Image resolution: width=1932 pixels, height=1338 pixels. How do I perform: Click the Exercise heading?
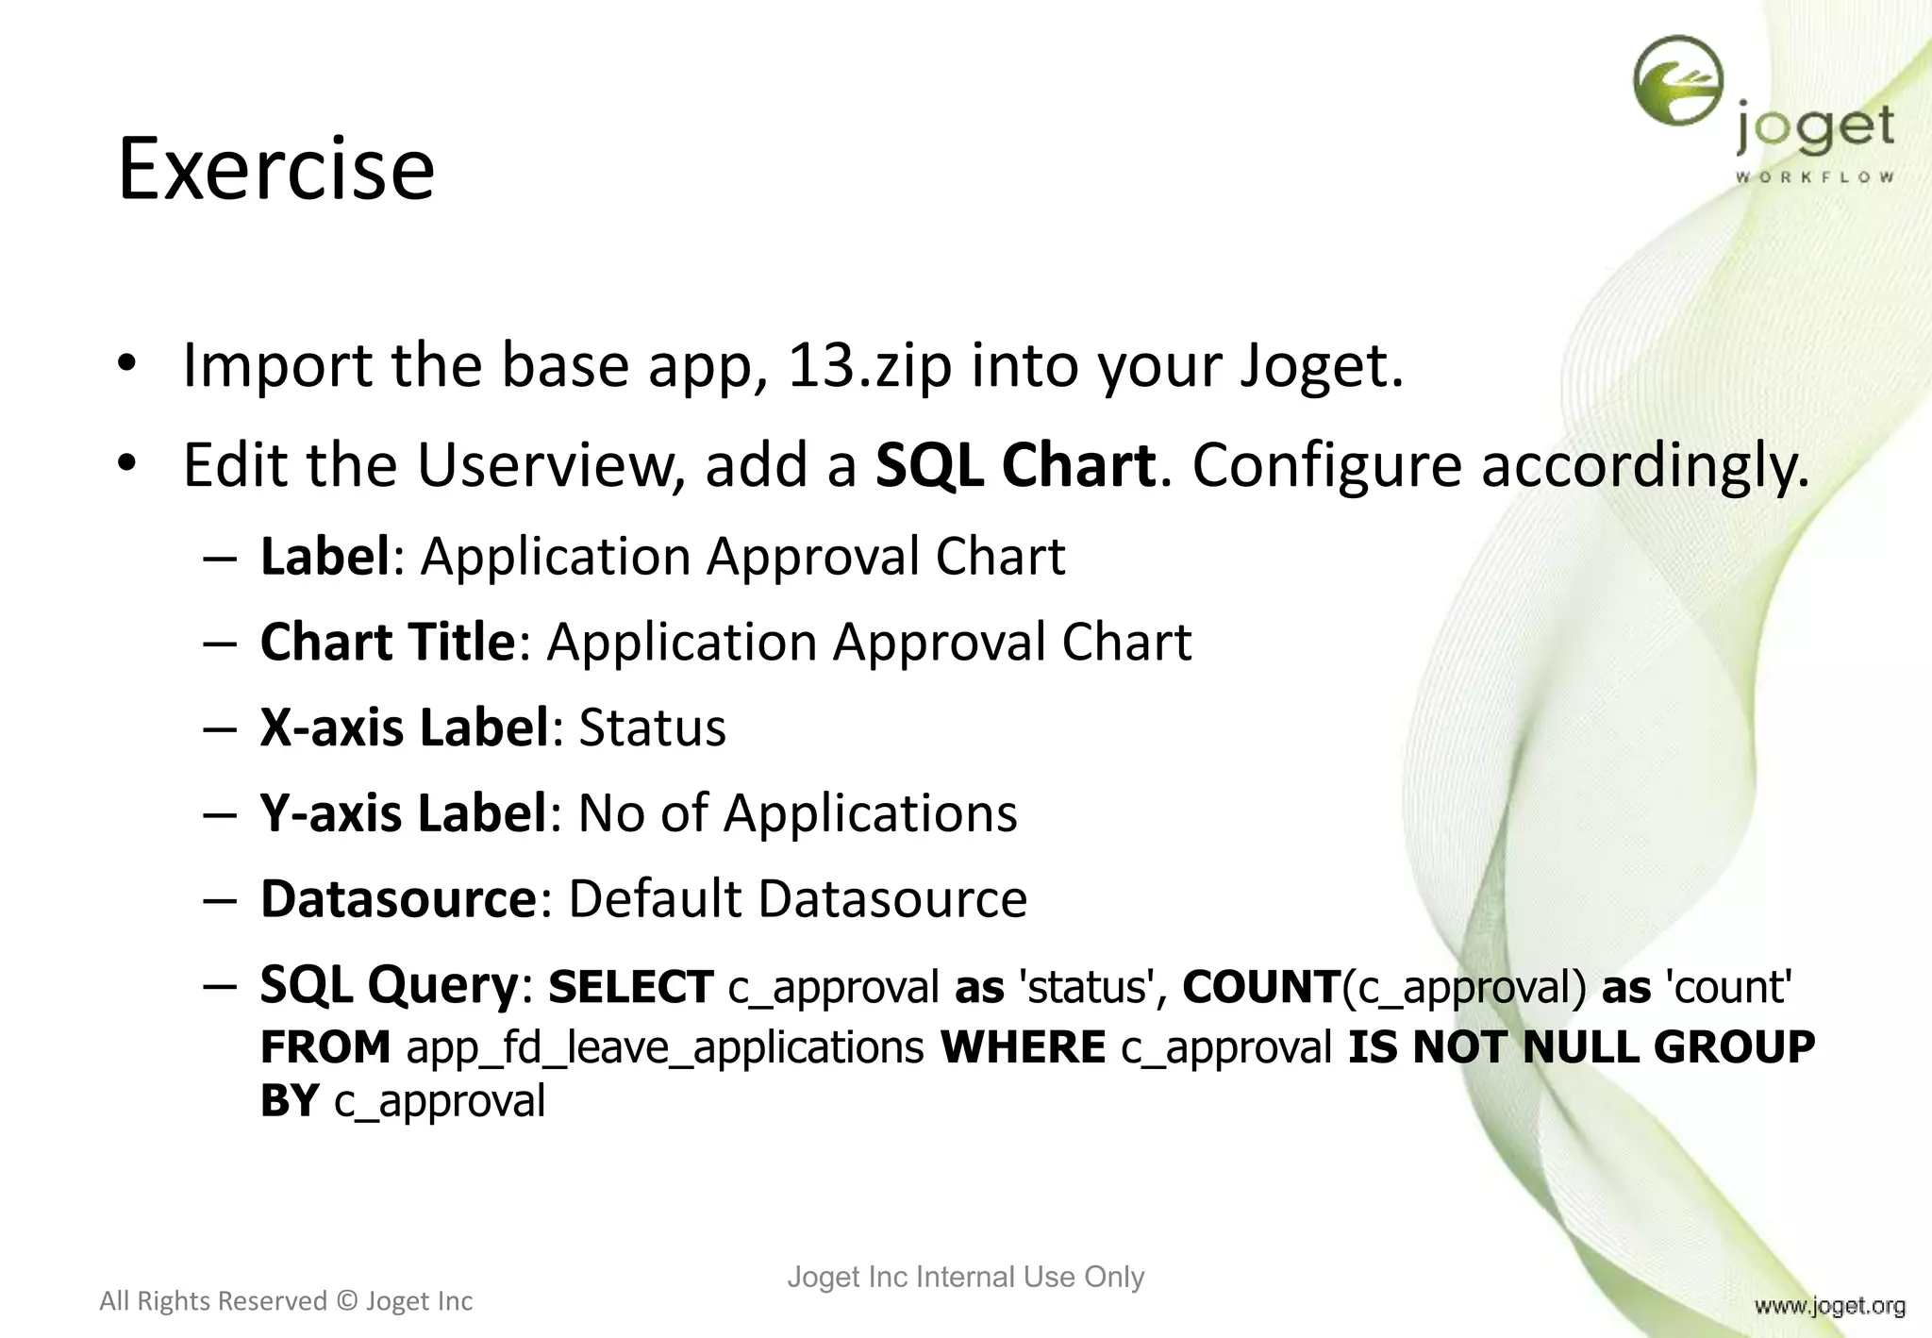tap(275, 170)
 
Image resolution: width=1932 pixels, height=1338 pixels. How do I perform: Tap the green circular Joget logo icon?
tap(1677, 81)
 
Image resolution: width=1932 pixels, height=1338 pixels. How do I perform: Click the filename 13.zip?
tap(869, 365)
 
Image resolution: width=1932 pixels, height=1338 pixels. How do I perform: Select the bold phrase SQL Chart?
tap(1015, 465)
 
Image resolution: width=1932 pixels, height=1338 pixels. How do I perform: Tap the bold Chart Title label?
tap(388, 642)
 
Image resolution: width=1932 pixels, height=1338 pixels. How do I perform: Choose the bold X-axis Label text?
tap(405, 728)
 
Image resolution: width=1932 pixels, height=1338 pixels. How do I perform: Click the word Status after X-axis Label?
tap(652, 728)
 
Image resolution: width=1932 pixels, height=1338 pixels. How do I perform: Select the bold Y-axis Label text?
tap(404, 812)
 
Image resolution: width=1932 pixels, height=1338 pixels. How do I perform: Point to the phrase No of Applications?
tap(797, 812)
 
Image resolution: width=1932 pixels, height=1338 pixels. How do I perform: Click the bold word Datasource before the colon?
tap(398, 898)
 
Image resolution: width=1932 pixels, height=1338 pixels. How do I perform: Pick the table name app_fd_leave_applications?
tap(665, 1047)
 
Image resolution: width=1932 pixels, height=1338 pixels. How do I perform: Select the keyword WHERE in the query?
tap(1023, 1047)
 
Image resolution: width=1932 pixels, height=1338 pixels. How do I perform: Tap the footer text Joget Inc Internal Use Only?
tap(965, 1277)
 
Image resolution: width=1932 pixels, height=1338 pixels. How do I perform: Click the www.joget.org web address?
tap(1829, 1306)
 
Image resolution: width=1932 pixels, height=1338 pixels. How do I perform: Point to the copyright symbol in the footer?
tap(346, 1301)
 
